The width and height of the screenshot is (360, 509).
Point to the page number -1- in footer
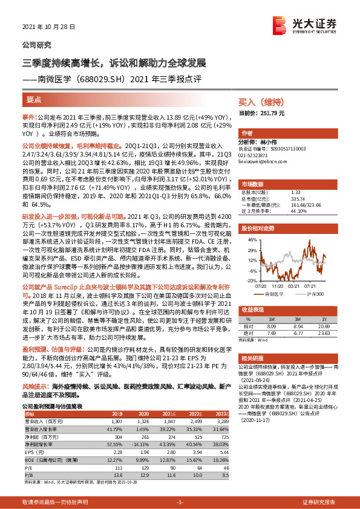coord(180,502)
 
